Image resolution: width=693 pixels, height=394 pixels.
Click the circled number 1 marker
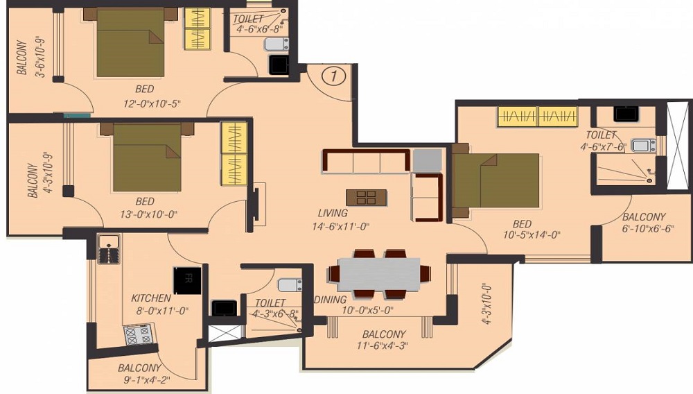(x=334, y=76)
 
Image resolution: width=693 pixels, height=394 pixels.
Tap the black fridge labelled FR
(x=187, y=280)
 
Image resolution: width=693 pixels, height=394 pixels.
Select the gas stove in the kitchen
(x=139, y=334)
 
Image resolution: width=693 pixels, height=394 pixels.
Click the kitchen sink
(x=109, y=250)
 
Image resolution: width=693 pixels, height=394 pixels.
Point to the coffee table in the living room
(x=366, y=198)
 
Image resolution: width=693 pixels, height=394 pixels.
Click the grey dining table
(x=379, y=274)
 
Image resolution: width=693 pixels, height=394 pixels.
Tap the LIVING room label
(x=333, y=213)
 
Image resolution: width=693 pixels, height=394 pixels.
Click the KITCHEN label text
(x=151, y=298)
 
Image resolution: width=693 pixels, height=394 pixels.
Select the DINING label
(x=330, y=300)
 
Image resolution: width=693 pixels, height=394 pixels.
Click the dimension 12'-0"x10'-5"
(x=152, y=104)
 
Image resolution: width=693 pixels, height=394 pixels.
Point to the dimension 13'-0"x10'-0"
(x=148, y=215)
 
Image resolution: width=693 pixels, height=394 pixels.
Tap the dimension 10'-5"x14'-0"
(x=532, y=235)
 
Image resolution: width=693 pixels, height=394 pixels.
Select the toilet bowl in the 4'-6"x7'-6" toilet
(x=643, y=145)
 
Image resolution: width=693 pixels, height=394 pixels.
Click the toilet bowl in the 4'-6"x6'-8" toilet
(x=277, y=44)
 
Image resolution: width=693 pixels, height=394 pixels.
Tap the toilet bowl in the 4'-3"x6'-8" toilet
(x=290, y=285)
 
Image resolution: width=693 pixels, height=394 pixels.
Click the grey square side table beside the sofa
(x=428, y=160)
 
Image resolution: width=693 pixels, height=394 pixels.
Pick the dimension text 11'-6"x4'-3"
(x=383, y=346)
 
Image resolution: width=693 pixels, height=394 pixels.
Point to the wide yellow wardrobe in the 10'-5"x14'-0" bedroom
(x=538, y=117)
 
